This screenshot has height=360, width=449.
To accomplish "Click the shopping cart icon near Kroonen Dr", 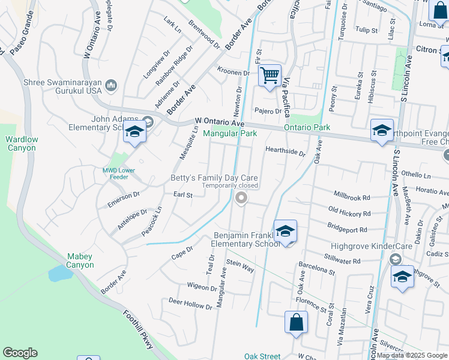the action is [x=270, y=76].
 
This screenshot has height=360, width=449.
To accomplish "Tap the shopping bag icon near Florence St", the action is [x=297, y=322].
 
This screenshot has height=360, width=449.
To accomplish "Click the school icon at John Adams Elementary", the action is [x=134, y=133].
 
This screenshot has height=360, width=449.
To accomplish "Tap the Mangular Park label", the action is [x=230, y=133].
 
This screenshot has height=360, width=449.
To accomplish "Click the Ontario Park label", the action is [x=307, y=128].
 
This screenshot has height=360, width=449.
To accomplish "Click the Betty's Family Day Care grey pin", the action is [x=241, y=198].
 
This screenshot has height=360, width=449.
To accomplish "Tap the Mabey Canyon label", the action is [x=80, y=260].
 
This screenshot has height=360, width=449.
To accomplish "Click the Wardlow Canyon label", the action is [x=22, y=143].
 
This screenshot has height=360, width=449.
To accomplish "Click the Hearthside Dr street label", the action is [x=285, y=152].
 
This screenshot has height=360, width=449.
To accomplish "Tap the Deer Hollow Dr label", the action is [x=190, y=303].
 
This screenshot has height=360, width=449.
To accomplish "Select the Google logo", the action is [x=20, y=353].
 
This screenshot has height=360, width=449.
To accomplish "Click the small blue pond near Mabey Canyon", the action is [x=59, y=274].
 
